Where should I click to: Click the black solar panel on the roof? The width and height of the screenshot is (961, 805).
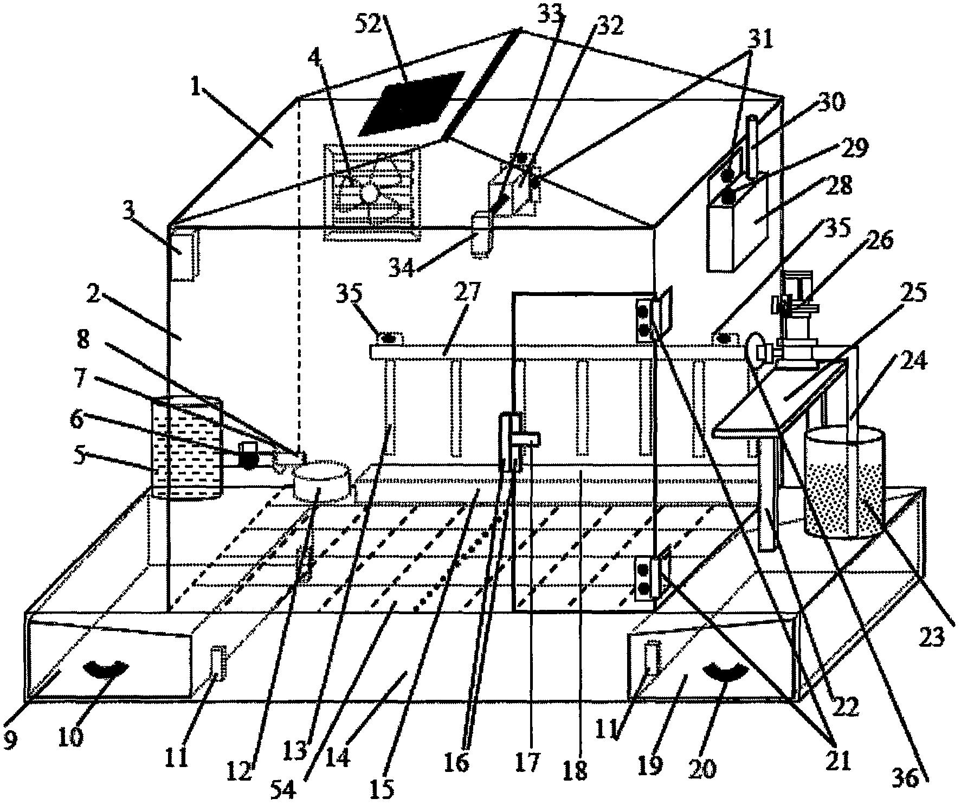click(411, 103)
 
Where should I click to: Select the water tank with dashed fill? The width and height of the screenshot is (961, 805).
click(188, 448)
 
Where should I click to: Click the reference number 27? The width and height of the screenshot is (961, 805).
click(467, 293)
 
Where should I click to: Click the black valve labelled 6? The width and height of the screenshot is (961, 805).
click(249, 455)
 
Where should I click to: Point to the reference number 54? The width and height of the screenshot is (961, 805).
click(284, 791)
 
